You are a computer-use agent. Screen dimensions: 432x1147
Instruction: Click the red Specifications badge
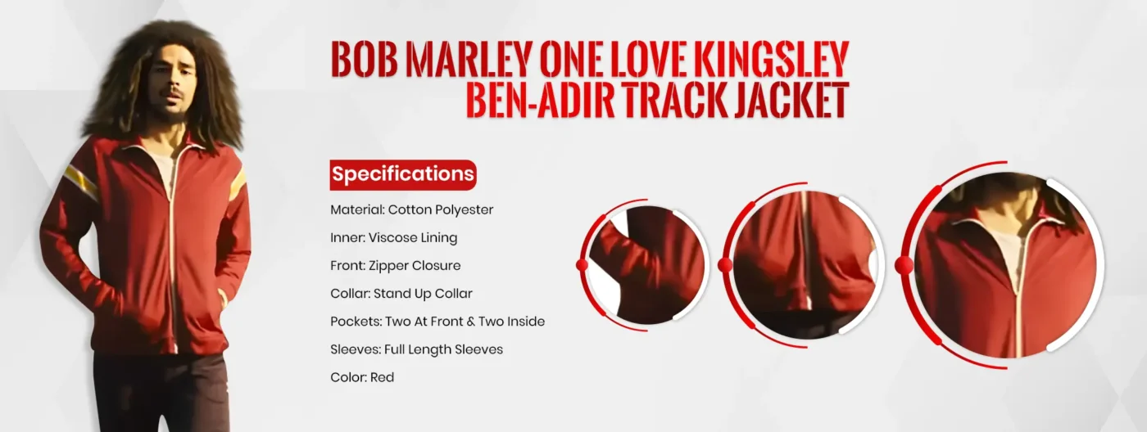tap(402, 174)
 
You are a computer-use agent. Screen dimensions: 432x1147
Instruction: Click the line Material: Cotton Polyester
tap(411, 209)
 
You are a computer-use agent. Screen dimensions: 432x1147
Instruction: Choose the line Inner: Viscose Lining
tap(393, 237)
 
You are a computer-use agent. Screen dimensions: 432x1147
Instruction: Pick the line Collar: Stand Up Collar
tap(401, 293)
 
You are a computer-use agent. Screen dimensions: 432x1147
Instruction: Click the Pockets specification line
tap(437, 321)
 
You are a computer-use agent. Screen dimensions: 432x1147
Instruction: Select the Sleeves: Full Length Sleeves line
tap(416, 349)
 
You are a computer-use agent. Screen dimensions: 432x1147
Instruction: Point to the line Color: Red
tap(362, 377)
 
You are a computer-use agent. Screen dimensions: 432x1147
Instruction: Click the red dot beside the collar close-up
tap(904, 265)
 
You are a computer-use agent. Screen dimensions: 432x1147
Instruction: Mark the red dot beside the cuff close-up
tap(583, 264)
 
